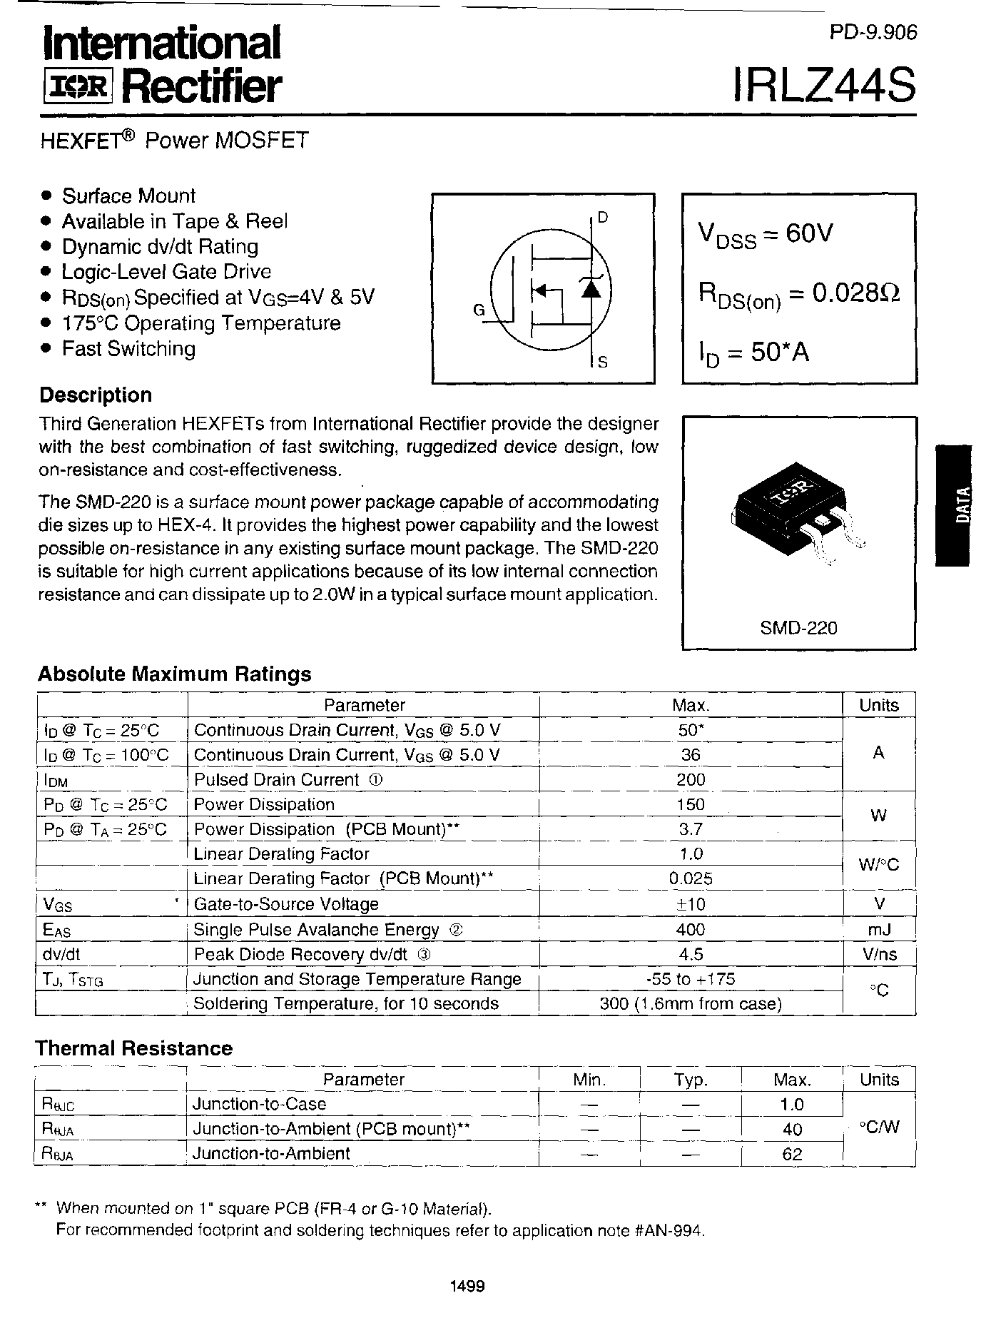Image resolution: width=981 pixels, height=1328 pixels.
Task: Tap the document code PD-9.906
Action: coord(873,33)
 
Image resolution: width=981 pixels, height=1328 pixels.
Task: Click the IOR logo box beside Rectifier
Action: coord(78,87)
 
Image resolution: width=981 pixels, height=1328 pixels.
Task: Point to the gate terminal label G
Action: coord(479,310)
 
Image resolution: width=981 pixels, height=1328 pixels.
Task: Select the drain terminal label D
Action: coord(602,218)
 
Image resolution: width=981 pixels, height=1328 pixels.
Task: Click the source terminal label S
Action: coord(602,362)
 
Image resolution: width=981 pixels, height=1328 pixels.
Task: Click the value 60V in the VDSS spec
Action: coord(808,233)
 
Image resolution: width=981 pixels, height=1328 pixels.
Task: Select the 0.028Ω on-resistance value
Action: coord(845,293)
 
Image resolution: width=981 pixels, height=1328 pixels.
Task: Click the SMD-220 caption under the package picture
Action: coord(798,628)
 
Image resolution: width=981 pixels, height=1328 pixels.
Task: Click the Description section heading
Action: coord(96,395)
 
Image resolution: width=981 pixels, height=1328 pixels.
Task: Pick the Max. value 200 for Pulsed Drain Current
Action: coord(691,779)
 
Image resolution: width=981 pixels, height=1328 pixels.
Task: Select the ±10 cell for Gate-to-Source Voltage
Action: coord(691,904)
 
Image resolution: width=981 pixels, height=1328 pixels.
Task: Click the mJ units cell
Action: coord(879,929)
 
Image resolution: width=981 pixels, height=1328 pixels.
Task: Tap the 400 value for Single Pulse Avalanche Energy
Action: coord(691,929)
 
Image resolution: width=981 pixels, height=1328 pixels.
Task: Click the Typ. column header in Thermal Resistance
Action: coord(690,1080)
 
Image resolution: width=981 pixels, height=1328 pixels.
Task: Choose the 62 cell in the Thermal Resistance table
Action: coord(792,1153)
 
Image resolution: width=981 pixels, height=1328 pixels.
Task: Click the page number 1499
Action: coord(468,1286)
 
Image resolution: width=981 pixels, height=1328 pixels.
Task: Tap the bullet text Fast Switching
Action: coord(128,349)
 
